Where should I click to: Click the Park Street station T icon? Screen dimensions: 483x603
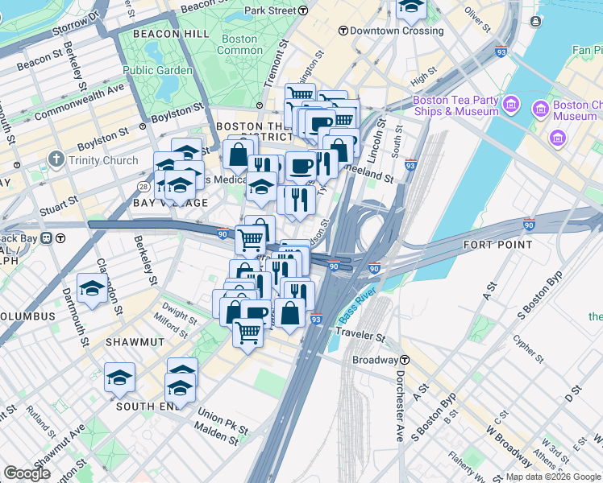303,10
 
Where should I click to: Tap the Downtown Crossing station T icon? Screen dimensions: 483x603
343,31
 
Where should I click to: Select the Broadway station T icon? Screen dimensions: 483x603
407,360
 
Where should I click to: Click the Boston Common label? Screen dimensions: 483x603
239,44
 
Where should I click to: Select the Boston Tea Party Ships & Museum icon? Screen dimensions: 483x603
510,105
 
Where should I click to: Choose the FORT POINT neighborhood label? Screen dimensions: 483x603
497,244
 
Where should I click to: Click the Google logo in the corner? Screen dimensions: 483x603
27,473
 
